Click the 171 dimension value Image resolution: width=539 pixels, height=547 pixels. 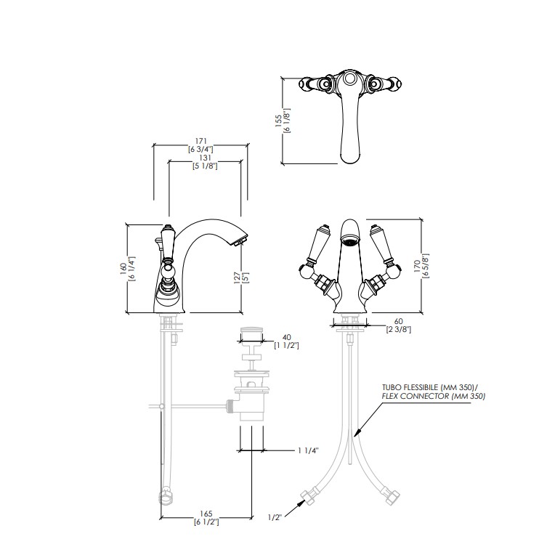point(201,141)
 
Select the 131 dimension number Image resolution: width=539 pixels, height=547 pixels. point(206,158)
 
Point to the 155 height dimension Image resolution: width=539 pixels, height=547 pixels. point(279,121)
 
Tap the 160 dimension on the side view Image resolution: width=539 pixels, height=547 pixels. point(123,269)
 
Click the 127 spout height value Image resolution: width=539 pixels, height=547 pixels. point(238,277)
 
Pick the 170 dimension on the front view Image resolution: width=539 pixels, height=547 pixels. point(417,266)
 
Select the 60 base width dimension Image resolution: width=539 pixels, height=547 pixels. point(398,321)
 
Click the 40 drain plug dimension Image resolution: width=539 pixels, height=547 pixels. point(287,337)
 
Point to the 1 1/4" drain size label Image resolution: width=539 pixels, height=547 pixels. point(309,450)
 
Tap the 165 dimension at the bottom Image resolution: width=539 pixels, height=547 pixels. point(206,514)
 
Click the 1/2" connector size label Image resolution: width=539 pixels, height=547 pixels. point(275,517)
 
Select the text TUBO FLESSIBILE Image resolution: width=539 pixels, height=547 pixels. point(410,388)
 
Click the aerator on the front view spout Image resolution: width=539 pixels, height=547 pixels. point(350,240)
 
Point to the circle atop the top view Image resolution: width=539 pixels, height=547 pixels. point(349,79)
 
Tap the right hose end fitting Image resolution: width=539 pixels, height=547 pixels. point(392,496)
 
